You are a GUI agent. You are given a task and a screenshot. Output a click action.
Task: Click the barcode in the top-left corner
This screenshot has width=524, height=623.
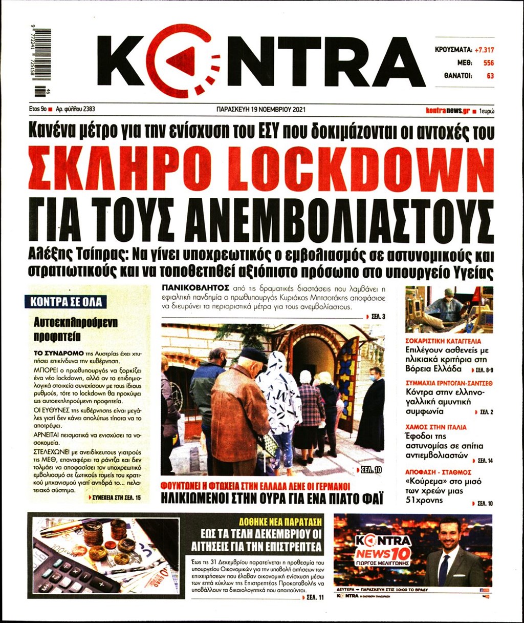[43, 62]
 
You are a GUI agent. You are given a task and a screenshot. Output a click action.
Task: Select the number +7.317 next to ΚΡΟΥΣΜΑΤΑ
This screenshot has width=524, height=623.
[484, 50]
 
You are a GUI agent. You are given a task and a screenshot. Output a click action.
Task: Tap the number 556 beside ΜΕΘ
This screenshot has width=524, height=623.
[488, 63]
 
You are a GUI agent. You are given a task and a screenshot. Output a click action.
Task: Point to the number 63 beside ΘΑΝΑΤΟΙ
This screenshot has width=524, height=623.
[490, 76]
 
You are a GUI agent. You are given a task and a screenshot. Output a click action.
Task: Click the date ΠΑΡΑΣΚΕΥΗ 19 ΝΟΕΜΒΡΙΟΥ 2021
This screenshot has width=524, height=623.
[261, 109]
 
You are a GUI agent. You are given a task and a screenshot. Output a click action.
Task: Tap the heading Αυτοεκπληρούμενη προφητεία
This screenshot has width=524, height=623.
[75, 329]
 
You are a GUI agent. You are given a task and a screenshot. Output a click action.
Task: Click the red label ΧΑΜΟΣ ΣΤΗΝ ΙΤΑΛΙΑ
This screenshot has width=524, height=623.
[435, 426]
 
